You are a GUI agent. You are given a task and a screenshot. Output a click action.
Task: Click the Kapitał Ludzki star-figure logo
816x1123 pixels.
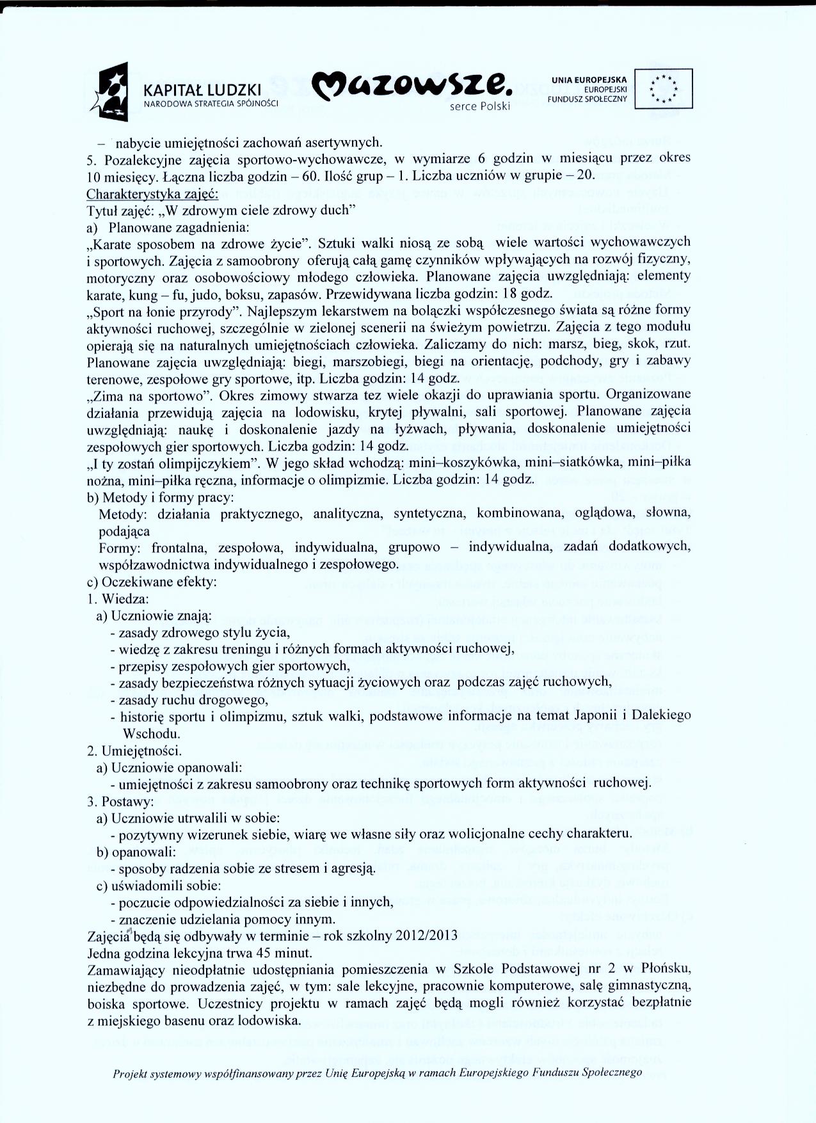tap(112, 92)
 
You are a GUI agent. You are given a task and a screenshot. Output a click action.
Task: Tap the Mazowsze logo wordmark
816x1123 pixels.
tap(412, 86)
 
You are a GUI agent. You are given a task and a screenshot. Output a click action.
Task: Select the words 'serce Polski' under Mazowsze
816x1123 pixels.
tap(479, 107)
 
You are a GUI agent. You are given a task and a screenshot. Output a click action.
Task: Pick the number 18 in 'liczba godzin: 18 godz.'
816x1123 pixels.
tap(508, 294)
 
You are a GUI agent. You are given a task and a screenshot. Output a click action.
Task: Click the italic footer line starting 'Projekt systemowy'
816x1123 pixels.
tap(377, 1072)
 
